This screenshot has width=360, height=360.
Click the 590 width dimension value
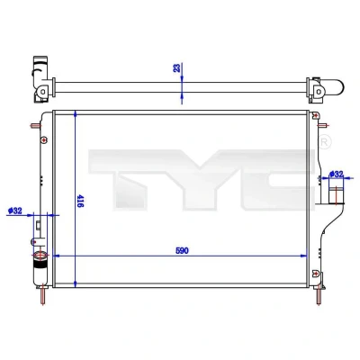(182, 250)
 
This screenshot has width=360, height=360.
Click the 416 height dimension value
(80, 201)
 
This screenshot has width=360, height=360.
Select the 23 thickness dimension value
(177, 67)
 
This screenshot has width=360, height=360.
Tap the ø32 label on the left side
(15, 211)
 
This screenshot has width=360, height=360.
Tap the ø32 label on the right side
(336, 174)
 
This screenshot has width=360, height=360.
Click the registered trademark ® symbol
(324, 142)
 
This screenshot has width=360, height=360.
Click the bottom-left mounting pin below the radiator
(42, 295)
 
